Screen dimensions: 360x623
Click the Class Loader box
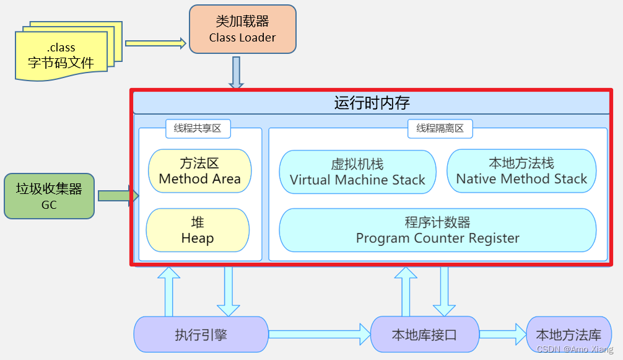coord(242,29)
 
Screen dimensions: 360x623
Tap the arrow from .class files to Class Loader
coord(155,43)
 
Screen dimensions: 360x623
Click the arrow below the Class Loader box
coord(236,72)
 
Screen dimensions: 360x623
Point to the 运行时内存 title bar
coord(372,102)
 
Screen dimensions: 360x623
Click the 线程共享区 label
coord(198,129)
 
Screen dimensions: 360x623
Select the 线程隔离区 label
coord(440,129)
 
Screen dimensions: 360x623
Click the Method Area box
coord(199,171)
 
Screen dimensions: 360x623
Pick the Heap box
coord(198,230)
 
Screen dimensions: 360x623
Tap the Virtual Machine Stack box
coord(357,172)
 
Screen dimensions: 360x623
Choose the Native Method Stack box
coord(521,171)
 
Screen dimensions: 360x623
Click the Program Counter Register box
coord(437,230)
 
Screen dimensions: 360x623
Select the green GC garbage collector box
coord(49,196)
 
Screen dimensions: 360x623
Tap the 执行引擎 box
coord(201,335)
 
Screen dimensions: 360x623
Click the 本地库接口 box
coord(424,335)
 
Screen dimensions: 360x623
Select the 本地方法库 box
coord(568,335)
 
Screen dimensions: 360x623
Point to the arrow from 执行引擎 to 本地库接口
coord(319,335)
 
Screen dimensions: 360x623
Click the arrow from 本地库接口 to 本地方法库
coord(502,335)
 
